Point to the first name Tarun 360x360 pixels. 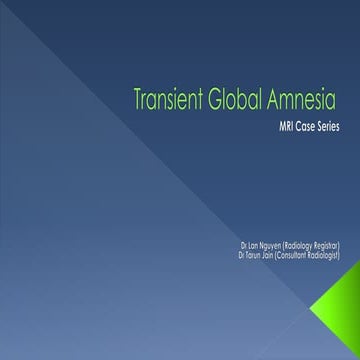[x=254, y=253]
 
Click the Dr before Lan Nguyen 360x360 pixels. [x=244, y=244]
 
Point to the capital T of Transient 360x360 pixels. [x=138, y=100]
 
